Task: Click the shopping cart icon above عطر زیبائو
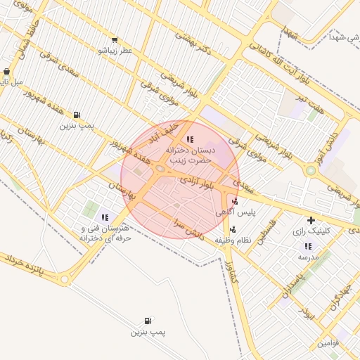pos(114,40)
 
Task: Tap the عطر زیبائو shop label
pos(112,51)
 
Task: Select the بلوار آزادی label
pos(198,184)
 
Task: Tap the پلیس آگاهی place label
pos(254,211)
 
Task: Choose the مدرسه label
pos(307,257)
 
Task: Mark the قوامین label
pos(328,343)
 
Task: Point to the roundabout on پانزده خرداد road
pos(65,280)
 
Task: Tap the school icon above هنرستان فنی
pos(105,218)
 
